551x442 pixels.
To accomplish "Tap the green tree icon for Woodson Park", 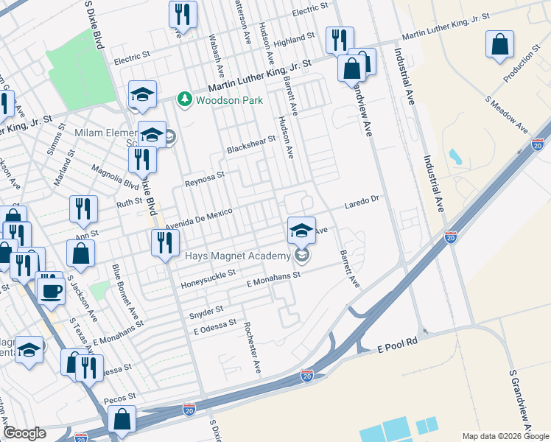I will click(x=184, y=99).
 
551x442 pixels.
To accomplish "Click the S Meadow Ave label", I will click(x=508, y=114).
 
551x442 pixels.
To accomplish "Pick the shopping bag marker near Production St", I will click(x=500, y=44).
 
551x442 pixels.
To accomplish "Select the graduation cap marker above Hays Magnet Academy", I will click(x=301, y=230).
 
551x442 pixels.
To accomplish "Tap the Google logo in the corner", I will click(x=25, y=433).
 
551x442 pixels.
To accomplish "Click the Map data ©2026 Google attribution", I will click(x=505, y=436).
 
